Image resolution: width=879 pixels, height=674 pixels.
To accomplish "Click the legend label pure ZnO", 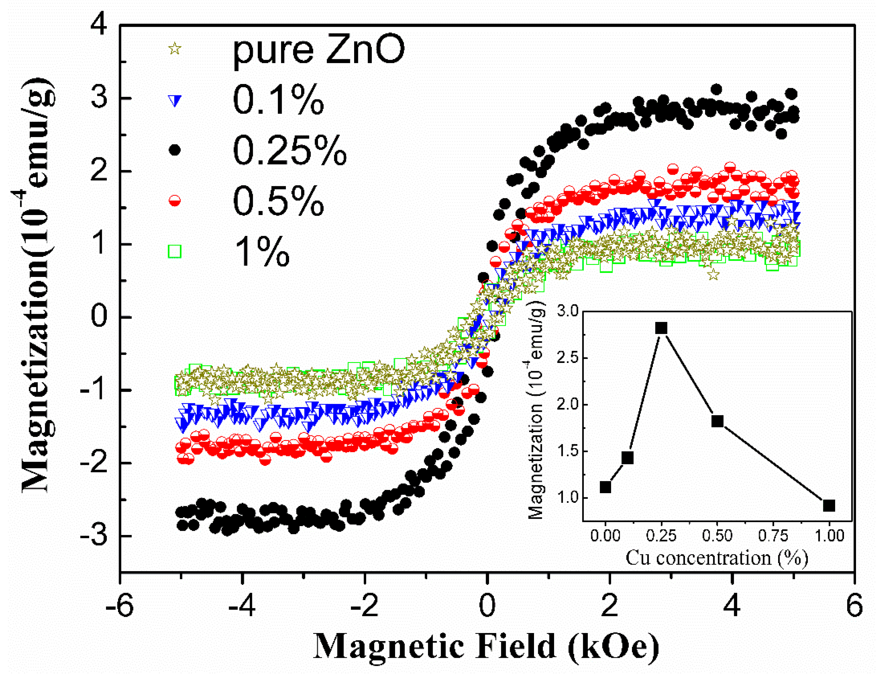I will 319,51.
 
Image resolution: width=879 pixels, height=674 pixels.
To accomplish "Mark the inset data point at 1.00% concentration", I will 828,505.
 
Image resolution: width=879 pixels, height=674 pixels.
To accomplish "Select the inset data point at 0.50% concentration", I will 717,421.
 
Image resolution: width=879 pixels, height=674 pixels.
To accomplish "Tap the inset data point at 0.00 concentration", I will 605,487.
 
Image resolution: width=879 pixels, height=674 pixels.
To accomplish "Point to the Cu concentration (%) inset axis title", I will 717,558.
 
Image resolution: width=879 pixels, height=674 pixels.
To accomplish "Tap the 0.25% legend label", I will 289,151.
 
